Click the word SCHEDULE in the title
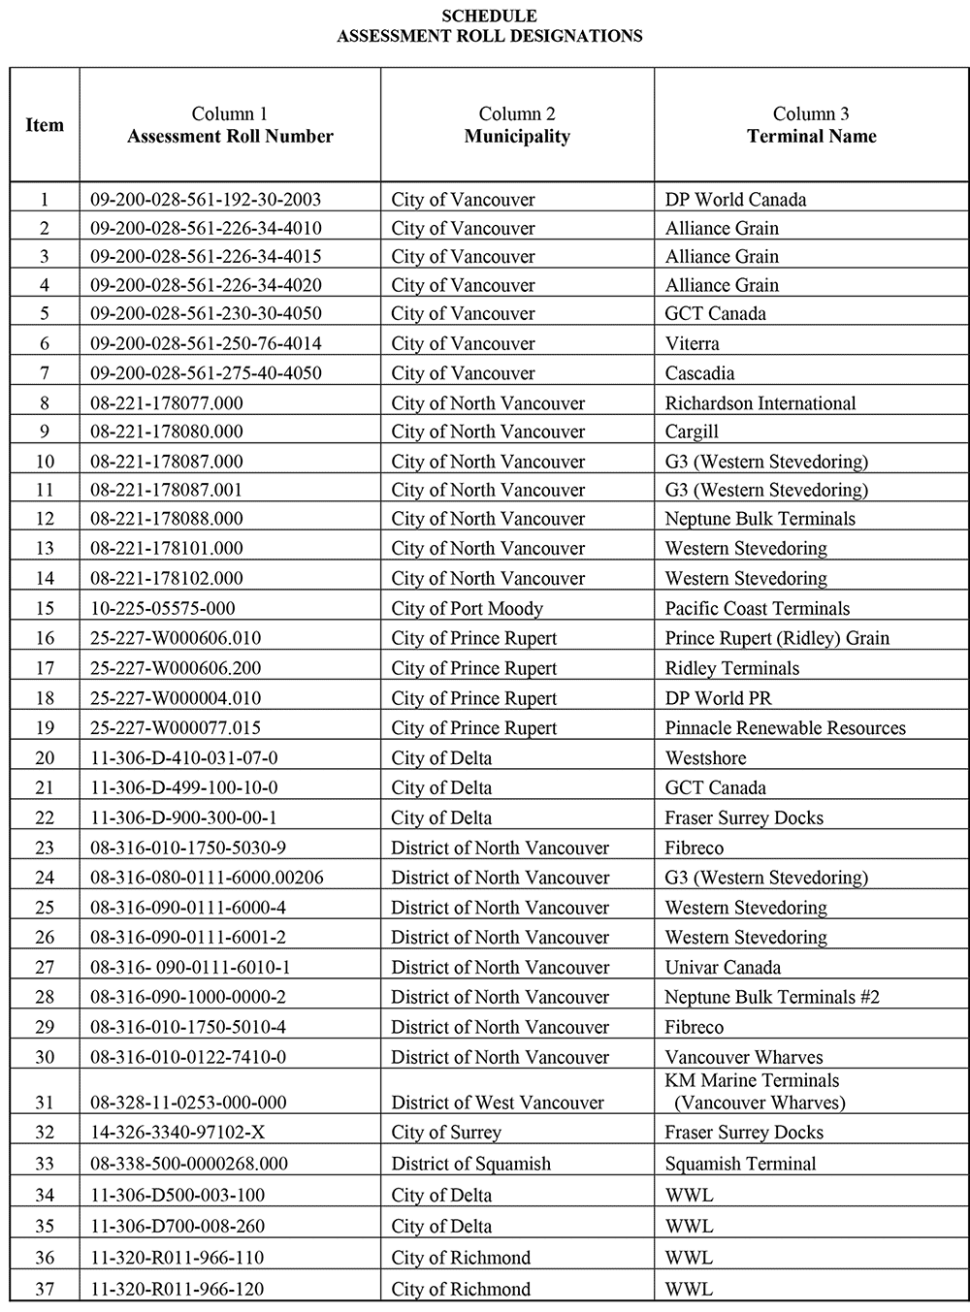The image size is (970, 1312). [489, 16]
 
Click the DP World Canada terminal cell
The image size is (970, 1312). [735, 200]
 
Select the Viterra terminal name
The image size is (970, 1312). [692, 343]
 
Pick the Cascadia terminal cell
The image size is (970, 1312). [699, 373]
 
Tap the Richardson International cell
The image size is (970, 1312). [760, 403]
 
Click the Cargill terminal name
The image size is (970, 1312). [691, 432]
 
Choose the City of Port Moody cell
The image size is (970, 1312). [467, 609]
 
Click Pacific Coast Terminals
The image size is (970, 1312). [757, 609]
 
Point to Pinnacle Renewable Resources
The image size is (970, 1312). [785, 728]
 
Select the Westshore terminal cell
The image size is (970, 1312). [705, 758]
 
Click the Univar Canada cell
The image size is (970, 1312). [722, 968]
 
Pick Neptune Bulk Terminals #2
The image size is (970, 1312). [772, 997]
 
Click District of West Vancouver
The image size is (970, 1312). [497, 1103]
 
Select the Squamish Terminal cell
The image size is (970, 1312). [740, 1164]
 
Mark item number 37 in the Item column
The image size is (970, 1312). [45, 1289]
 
